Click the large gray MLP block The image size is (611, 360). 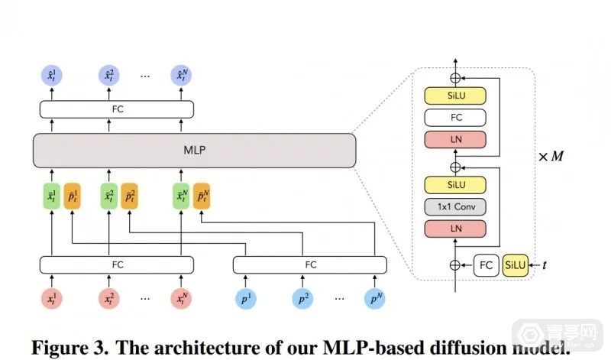click(x=194, y=151)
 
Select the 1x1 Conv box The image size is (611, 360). click(x=457, y=207)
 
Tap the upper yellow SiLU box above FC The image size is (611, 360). click(x=457, y=96)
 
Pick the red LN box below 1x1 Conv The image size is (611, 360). click(x=457, y=229)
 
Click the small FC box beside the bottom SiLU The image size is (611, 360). click(x=486, y=264)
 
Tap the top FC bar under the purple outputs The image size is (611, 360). click(x=116, y=109)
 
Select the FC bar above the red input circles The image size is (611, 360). click(x=116, y=264)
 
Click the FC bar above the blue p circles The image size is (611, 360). click(x=310, y=264)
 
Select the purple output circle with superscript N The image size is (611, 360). click(x=181, y=76)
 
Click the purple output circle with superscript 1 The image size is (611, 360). click(x=52, y=76)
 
